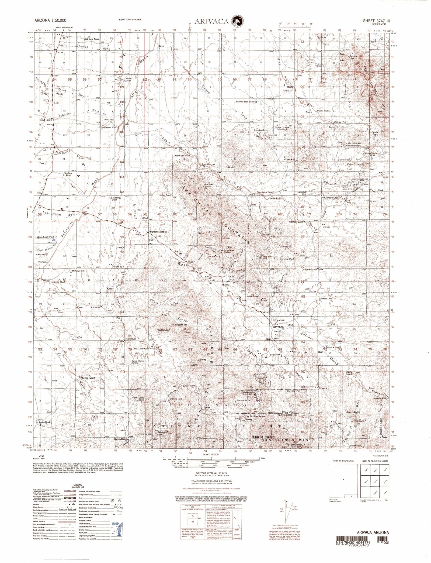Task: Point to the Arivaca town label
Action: click(x=277, y=326)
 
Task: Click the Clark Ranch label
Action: click(x=349, y=373)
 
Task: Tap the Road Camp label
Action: click(x=46, y=120)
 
